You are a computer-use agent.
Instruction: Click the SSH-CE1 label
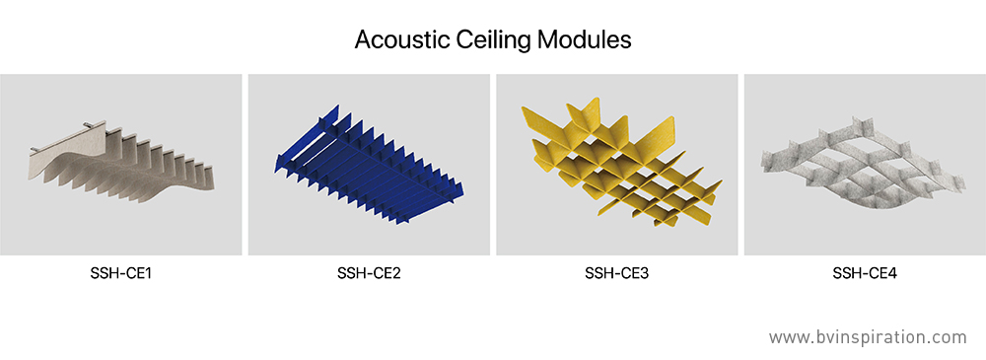[x=120, y=274]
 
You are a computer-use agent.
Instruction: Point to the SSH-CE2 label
[x=369, y=274]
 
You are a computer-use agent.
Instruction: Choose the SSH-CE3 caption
[x=617, y=274]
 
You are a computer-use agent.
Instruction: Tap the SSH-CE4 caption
[x=865, y=274]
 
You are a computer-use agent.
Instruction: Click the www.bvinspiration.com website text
[x=868, y=337]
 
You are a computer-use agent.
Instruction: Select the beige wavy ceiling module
[x=122, y=163]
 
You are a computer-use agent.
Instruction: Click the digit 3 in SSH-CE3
[x=645, y=274]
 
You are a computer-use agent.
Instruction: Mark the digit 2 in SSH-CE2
[x=396, y=274]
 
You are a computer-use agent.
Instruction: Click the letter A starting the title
[x=364, y=40]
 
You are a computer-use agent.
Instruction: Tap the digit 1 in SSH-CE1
[x=148, y=274]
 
